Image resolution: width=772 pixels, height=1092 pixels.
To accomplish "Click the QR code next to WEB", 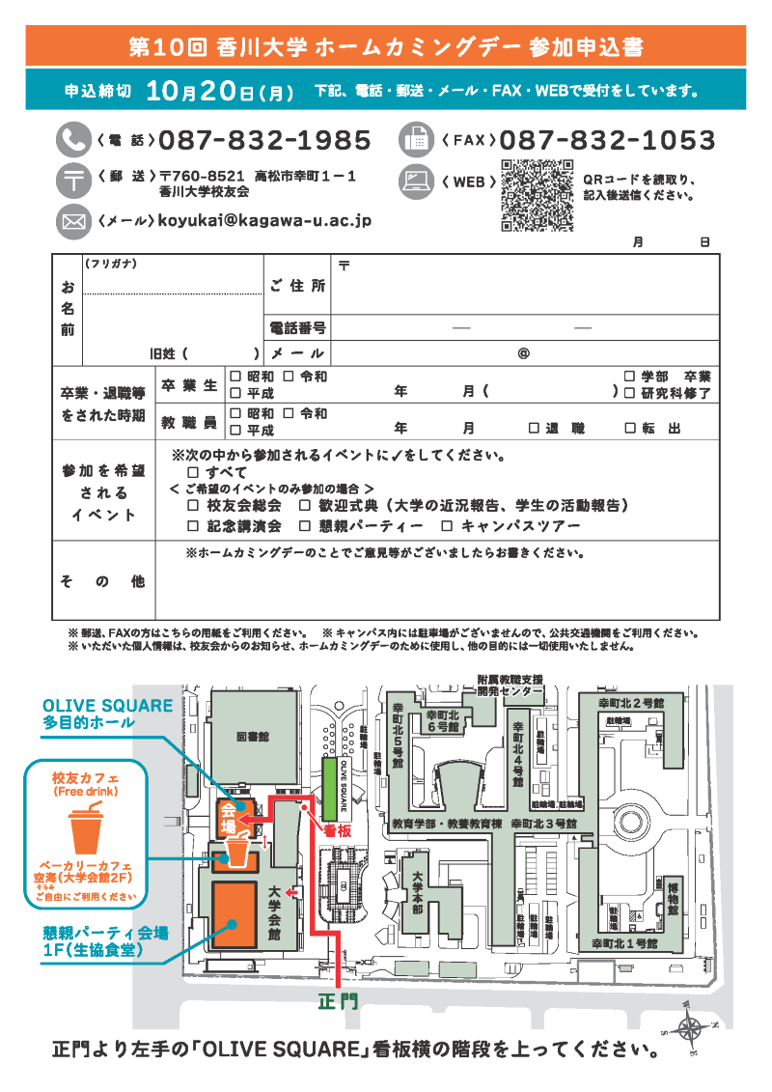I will (538, 195).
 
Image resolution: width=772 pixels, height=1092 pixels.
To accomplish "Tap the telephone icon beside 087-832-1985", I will (71, 140).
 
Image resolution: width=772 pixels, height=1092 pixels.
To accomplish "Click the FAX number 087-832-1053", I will (607, 141).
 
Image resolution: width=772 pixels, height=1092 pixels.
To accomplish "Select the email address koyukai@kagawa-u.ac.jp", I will (264, 221).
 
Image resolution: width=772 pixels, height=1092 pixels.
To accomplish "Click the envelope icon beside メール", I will (71, 221).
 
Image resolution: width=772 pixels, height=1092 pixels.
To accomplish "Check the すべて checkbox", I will (193, 472).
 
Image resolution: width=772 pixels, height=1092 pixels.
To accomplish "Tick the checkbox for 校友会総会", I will (193, 505).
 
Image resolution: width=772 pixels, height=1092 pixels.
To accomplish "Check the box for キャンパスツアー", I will (446, 526).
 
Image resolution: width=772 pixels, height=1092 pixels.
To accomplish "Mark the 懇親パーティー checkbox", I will (305, 526).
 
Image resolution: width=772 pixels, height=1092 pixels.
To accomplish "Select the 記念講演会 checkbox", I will (193, 526).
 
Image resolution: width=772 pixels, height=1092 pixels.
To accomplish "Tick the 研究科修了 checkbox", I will (629, 393).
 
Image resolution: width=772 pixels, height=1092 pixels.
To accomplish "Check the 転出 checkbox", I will (629, 428).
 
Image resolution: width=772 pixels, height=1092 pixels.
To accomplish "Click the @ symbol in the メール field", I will (524, 353).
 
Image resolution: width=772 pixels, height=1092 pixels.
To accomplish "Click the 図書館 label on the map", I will (253, 736).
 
